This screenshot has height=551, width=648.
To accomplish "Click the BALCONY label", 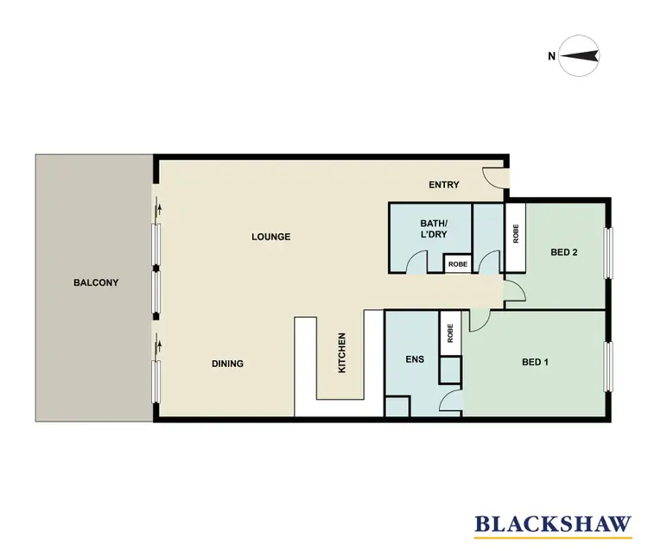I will pos(95,282).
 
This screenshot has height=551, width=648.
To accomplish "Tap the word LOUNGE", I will pos(270,237).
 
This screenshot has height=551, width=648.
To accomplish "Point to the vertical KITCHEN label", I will pos(342,353).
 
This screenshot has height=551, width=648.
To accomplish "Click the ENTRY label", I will pos(444,185).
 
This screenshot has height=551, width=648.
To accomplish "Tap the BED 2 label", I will pos(564,253).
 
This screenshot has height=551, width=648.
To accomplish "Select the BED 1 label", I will pos(535,362).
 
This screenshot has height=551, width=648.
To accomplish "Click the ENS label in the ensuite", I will pos(414,359).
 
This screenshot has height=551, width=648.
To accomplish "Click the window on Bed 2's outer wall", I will pos(608,255).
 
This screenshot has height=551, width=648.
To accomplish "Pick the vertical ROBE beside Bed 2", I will pos(516,236).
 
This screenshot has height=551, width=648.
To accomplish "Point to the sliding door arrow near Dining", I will pos(159,347).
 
